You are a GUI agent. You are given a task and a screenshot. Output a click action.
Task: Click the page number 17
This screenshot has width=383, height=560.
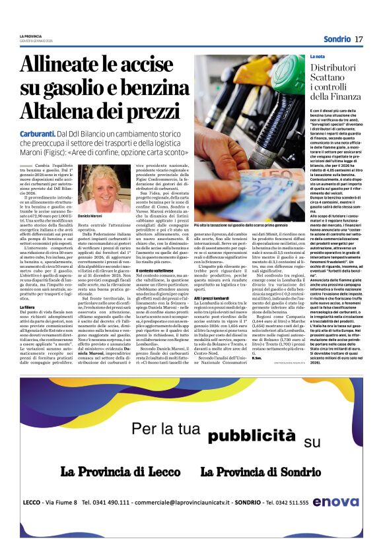point(359,40)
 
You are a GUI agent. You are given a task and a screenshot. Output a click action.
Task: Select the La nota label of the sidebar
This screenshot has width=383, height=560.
point(318,57)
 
